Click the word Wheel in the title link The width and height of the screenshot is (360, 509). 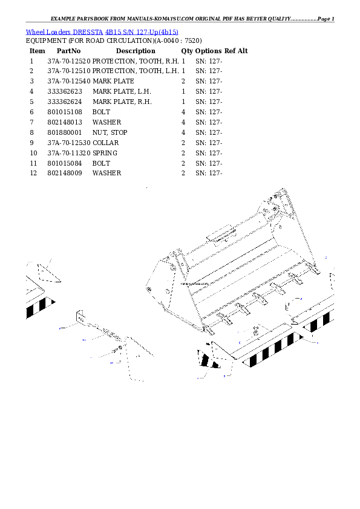tap(34, 32)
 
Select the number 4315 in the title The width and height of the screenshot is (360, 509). tap(116, 32)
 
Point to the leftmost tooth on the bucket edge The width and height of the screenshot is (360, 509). tap(209, 328)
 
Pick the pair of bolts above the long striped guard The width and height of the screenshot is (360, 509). tap(257, 330)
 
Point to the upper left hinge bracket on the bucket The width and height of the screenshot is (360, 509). tap(176, 259)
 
